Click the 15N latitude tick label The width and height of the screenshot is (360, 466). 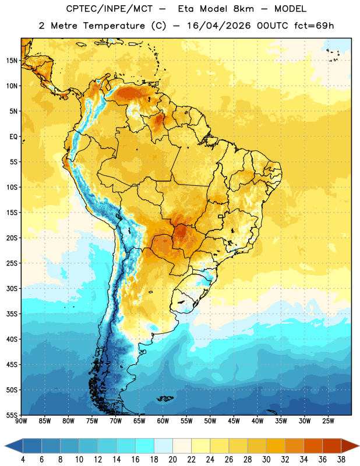click(x=12, y=61)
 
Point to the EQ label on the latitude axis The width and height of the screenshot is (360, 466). click(x=13, y=137)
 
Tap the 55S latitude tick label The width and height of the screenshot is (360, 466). click(x=12, y=415)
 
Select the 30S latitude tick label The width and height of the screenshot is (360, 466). click(x=12, y=288)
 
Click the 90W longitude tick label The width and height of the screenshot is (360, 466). click(x=21, y=421)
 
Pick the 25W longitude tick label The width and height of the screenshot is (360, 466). click(x=328, y=421)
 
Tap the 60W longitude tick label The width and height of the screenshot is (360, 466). click(x=163, y=421)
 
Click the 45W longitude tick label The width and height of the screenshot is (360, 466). click(x=234, y=421)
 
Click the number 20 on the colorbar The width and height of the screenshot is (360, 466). click(x=172, y=460)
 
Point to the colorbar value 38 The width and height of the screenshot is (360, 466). click(x=341, y=460)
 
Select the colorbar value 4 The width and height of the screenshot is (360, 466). click(x=23, y=460)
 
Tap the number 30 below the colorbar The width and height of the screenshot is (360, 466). click(x=266, y=460)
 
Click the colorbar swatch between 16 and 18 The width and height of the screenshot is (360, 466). click(x=145, y=446)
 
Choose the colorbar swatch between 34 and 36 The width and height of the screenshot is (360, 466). click(x=313, y=446)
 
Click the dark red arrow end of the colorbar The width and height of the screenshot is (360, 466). click(x=350, y=446)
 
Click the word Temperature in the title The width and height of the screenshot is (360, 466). click(x=114, y=26)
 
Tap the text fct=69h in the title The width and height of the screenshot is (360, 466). click(x=314, y=26)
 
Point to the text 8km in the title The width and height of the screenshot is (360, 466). click(x=243, y=9)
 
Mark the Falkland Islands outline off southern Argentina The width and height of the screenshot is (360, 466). click(x=165, y=398)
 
